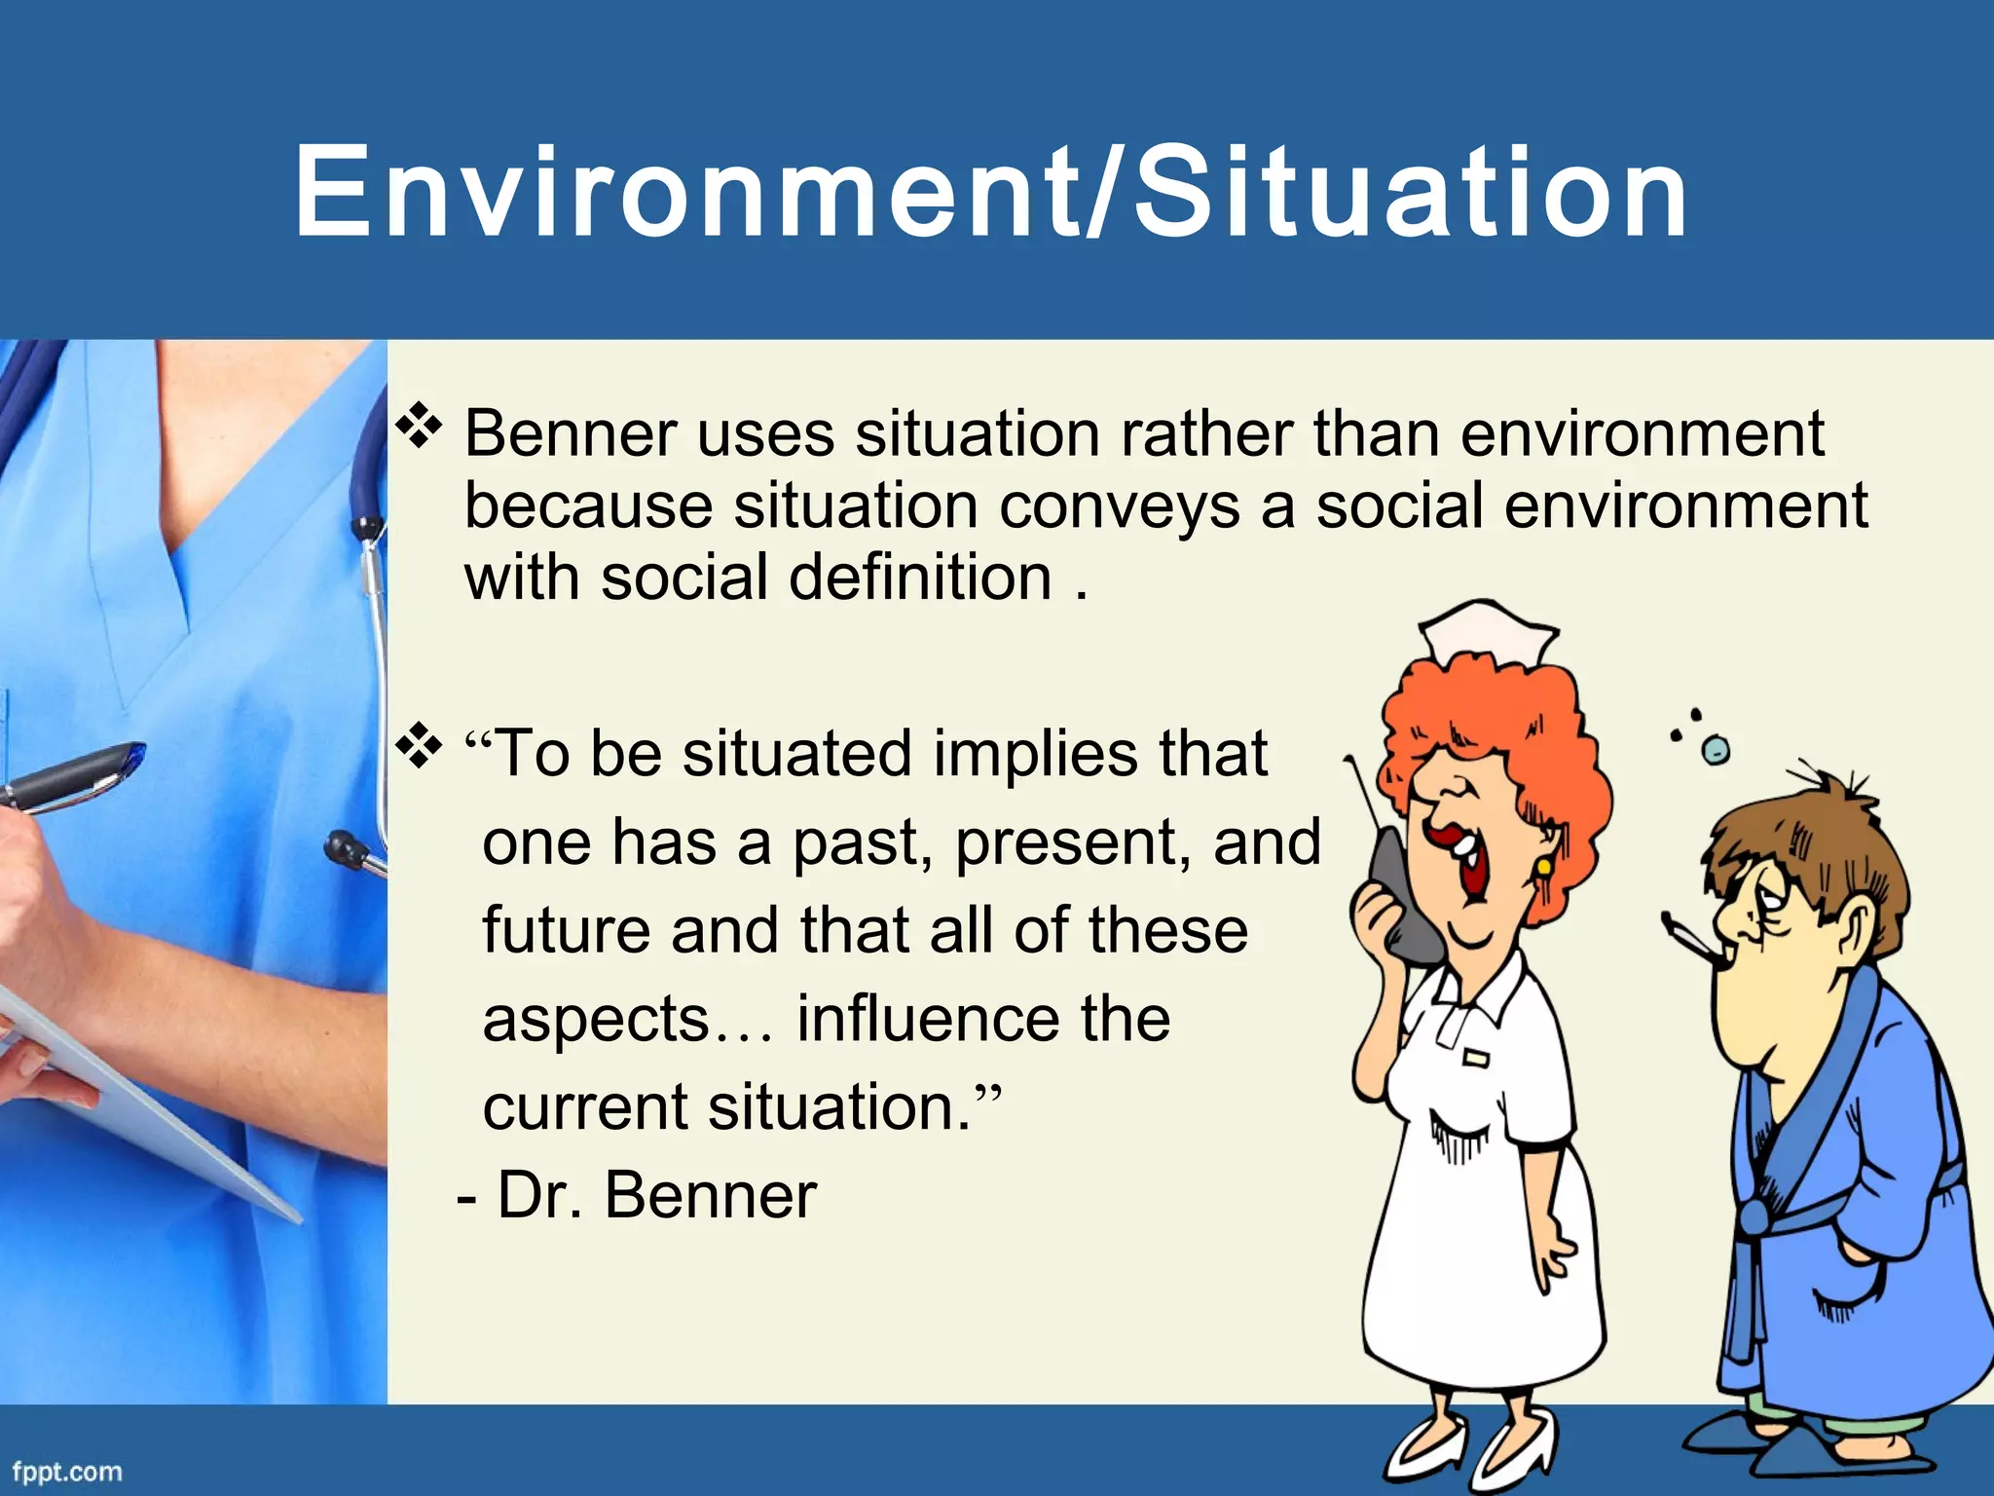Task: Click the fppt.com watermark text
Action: (x=67, y=1471)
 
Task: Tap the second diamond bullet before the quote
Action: (x=418, y=747)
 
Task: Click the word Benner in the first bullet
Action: (x=570, y=433)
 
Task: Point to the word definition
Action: (x=920, y=578)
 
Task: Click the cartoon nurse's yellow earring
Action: (x=1544, y=865)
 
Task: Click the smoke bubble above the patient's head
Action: (x=1716, y=749)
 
